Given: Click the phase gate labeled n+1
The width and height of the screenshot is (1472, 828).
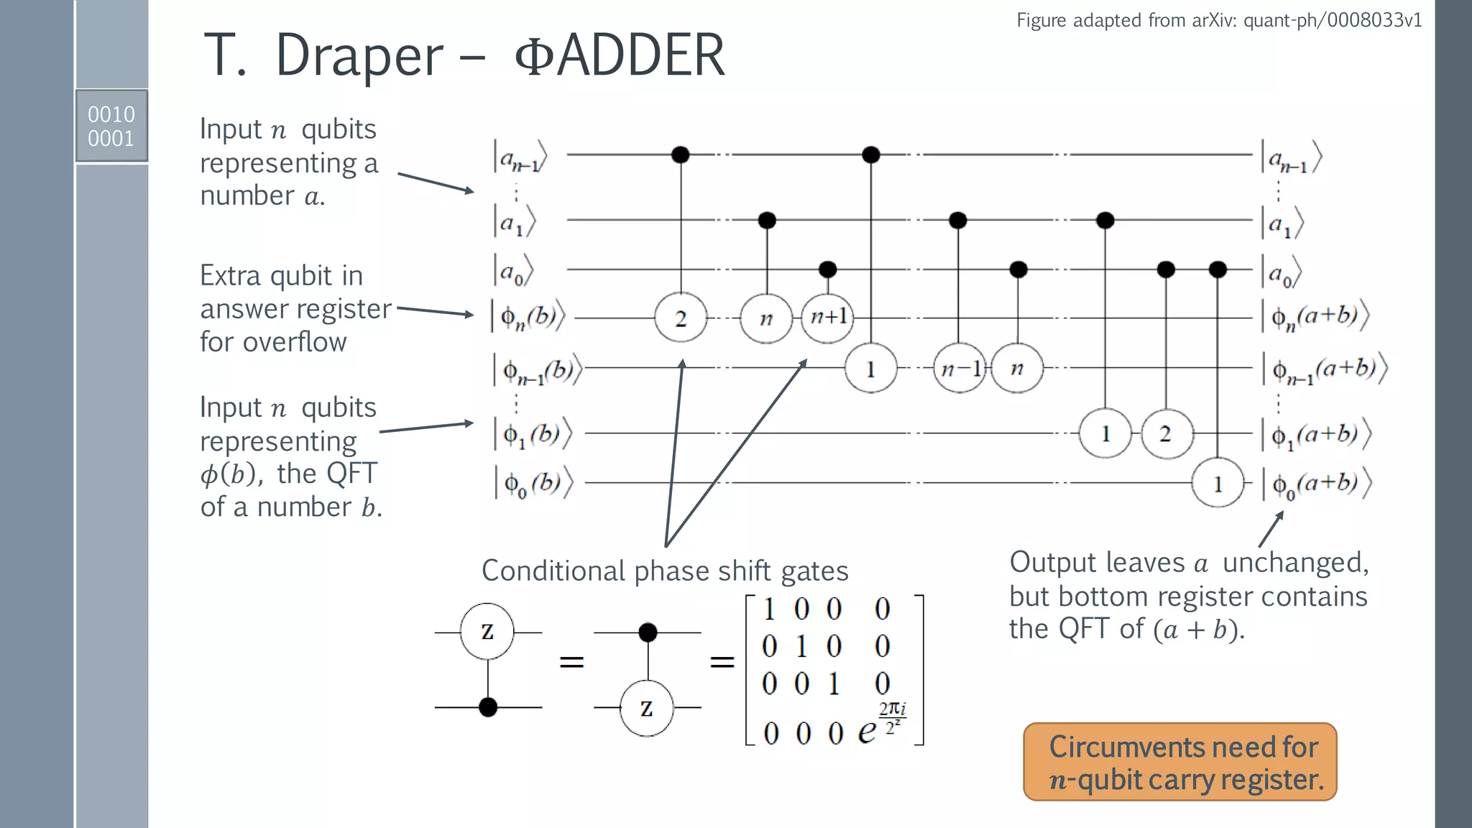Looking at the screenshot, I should click(827, 317).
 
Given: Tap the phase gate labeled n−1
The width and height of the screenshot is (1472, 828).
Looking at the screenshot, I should click(960, 368).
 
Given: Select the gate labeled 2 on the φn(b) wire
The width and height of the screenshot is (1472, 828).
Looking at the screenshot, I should click(681, 318).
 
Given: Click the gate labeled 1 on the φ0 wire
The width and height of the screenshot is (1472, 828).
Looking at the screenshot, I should click(1218, 484).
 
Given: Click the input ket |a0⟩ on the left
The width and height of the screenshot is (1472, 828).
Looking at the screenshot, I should click(513, 271).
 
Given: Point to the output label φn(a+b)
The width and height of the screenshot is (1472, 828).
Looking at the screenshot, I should click(1315, 316).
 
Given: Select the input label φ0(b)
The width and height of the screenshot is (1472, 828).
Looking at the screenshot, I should click(533, 482).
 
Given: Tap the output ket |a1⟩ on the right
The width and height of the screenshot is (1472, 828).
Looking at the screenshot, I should click(1282, 224).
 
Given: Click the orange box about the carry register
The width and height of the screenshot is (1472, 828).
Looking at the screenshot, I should click(1179, 762).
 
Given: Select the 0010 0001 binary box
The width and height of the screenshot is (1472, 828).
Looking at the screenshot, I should click(111, 126).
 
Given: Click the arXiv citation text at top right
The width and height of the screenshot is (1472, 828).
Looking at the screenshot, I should click(1218, 20).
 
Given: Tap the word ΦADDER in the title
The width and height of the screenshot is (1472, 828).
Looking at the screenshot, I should click(620, 55).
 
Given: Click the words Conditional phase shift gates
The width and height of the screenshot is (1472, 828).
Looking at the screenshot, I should click(664, 571).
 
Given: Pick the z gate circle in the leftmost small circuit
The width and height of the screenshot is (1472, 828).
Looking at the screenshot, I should click(487, 631).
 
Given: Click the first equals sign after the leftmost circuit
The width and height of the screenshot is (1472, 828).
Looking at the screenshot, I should click(571, 661).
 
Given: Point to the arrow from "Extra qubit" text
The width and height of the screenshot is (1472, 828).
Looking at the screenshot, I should click(436, 311).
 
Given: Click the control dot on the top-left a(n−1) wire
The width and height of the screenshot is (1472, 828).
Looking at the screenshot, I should click(680, 155).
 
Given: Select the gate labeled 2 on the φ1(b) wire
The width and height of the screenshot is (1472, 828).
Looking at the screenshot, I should click(1165, 433).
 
